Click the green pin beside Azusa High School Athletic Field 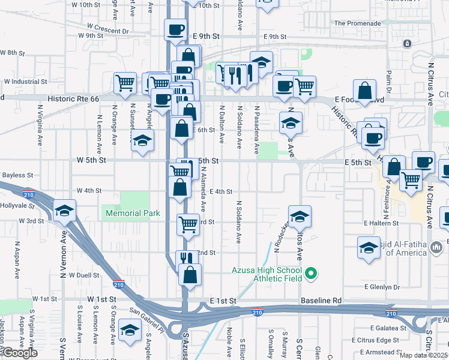coord(310,275)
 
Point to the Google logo coord(20,353)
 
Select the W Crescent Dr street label coord(107,28)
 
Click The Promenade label coord(357,23)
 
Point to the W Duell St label coord(83,275)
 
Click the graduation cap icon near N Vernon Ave coord(65,211)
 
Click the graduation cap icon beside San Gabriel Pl coord(129,331)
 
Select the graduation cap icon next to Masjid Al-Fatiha coord(369,247)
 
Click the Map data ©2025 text coord(424,355)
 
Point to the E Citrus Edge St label coord(393,340)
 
